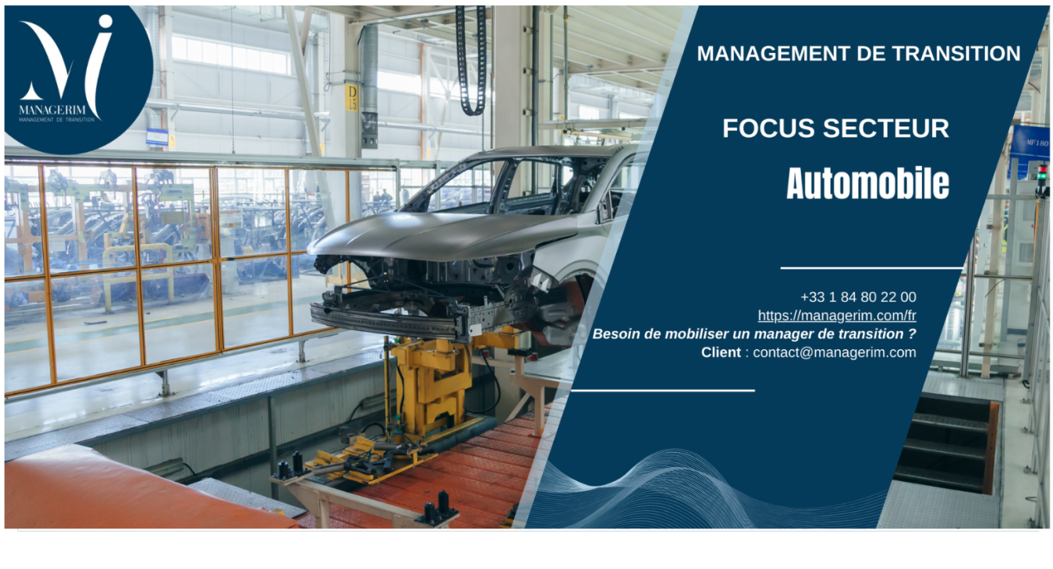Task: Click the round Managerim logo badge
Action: [78, 69]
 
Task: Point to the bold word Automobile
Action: [867, 184]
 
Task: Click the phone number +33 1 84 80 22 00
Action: [858, 297]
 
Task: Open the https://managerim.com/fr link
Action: [837, 316]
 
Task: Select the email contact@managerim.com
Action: [834, 352]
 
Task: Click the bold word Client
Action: [721, 352]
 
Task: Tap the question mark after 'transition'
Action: [911, 334]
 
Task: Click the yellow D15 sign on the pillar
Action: [352, 97]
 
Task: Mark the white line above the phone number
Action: [871, 268]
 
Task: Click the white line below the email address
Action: [663, 390]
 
